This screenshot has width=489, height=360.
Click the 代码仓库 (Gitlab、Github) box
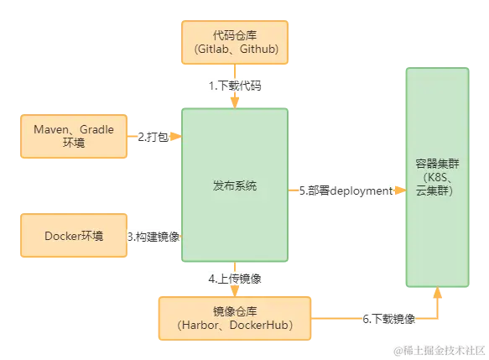pyautogui.click(x=235, y=42)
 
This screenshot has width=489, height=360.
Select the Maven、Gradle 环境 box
pyautogui.click(x=72, y=138)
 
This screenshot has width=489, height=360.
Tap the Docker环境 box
pyautogui.click(x=74, y=237)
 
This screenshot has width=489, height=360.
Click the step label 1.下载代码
pyautogui.click(x=235, y=86)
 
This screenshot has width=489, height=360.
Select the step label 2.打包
pyautogui.click(x=152, y=136)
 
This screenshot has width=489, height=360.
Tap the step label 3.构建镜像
pyautogui.click(x=154, y=237)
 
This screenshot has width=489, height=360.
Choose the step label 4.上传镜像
pyautogui.click(x=235, y=278)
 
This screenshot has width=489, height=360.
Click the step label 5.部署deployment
pyautogui.click(x=346, y=190)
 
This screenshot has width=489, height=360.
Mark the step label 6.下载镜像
pyautogui.click(x=388, y=319)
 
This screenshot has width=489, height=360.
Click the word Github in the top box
pyautogui.click(x=259, y=50)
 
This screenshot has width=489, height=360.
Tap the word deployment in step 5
pyautogui.click(x=361, y=190)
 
